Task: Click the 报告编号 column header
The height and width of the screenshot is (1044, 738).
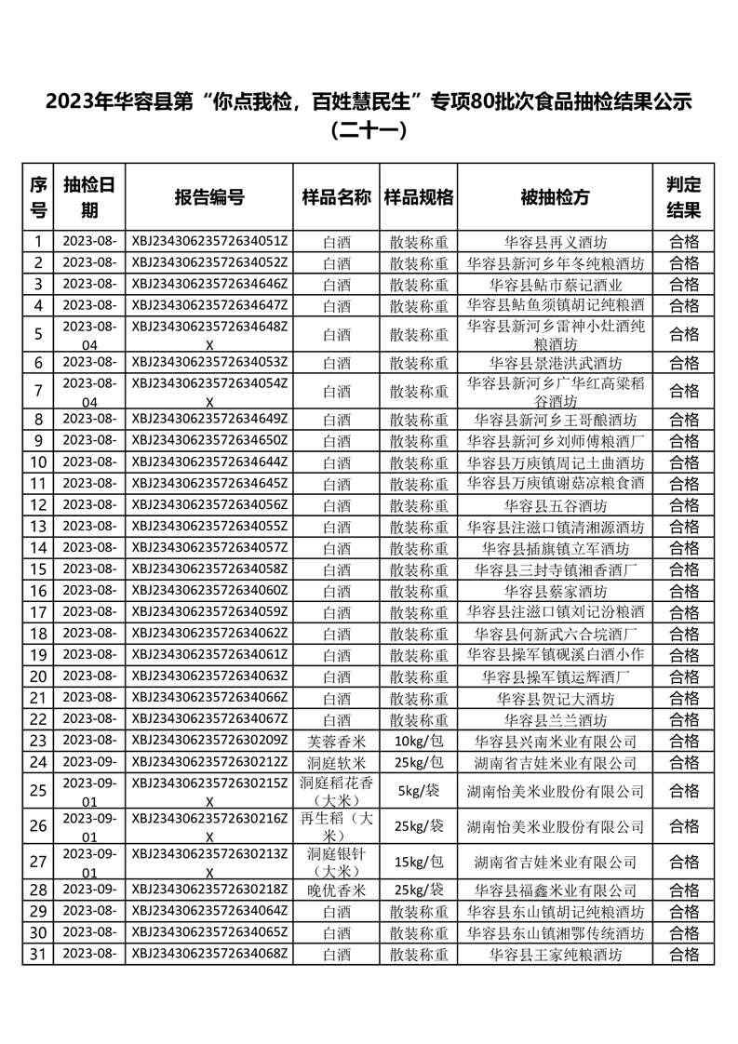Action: [209, 197]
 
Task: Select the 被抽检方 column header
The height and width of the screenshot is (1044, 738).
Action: [555, 197]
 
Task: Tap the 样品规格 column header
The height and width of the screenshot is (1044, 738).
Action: [419, 197]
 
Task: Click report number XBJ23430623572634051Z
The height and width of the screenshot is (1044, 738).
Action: [209, 241]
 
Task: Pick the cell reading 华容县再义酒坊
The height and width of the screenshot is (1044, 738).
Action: [555, 241]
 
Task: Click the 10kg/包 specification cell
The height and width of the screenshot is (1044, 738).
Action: [419, 742]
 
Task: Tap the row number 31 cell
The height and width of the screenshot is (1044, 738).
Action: [38, 954]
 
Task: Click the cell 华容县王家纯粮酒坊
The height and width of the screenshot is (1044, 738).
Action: [555, 954]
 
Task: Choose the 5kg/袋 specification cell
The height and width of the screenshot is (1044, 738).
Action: [419, 792]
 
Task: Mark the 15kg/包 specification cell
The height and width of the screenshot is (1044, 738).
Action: [419, 862]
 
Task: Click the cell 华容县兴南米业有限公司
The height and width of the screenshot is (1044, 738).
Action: [555, 742]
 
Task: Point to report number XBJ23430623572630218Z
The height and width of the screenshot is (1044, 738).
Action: [209, 890]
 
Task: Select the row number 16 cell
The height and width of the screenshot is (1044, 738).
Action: [38, 591]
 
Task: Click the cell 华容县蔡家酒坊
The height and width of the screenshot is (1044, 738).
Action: [555, 591]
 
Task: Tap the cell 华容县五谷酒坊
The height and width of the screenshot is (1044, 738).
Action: [555, 505]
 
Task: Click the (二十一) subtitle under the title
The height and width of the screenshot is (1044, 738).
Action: [369, 131]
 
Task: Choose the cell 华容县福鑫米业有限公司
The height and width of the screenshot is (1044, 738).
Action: [555, 890]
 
